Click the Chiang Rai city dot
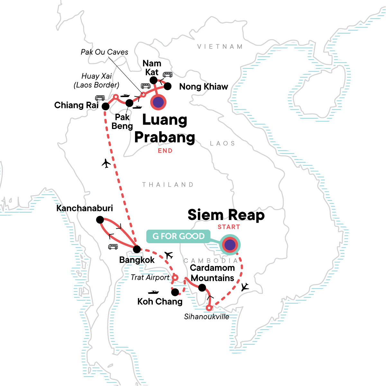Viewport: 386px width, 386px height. pyautogui.click(x=106, y=106)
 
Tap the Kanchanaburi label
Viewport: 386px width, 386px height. pyautogui.click(x=85, y=208)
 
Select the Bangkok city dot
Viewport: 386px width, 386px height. pyautogui.click(x=137, y=249)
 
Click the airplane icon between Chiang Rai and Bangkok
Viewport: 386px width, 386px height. pyautogui.click(x=106, y=163)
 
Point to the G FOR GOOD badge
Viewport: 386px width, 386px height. pyautogui.click(x=179, y=236)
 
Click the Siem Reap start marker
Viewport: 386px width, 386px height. pyautogui.click(x=230, y=245)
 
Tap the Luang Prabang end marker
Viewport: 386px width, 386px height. pyautogui.click(x=158, y=102)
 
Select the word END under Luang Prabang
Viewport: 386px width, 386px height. pyautogui.click(x=165, y=151)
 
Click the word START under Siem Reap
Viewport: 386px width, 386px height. pyautogui.click(x=229, y=227)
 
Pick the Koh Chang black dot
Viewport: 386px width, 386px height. pyautogui.click(x=175, y=292)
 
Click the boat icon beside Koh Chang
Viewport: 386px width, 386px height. pyautogui.click(x=153, y=292)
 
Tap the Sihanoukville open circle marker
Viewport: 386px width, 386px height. pyautogui.click(x=209, y=308)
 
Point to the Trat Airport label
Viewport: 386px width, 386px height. pyautogui.click(x=150, y=277)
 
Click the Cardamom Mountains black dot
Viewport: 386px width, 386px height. pyautogui.click(x=202, y=287)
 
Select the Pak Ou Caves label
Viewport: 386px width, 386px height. pyautogui.click(x=104, y=52)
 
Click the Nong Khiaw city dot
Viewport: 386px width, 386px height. pyautogui.click(x=168, y=86)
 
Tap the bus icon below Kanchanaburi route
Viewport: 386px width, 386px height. pyautogui.click(x=113, y=247)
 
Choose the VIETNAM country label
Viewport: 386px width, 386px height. pyautogui.click(x=220, y=47)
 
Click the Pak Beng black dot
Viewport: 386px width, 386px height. pyautogui.click(x=129, y=103)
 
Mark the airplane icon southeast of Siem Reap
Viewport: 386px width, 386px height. pyautogui.click(x=245, y=287)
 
